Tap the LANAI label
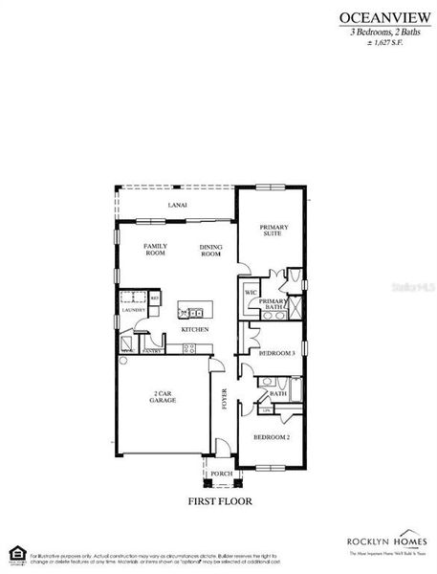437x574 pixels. (x=178, y=205)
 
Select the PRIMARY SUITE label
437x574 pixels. (x=273, y=230)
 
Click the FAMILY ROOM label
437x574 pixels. (x=155, y=250)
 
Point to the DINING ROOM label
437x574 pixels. (x=211, y=251)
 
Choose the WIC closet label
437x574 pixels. (x=250, y=292)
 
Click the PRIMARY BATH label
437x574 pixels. (x=273, y=304)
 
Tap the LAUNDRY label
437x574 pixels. (x=133, y=310)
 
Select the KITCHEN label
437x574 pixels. (x=195, y=330)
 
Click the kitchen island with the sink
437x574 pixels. (x=195, y=310)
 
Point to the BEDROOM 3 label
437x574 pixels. (x=277, y=353)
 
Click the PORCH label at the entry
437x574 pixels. (x=221, y=474)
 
